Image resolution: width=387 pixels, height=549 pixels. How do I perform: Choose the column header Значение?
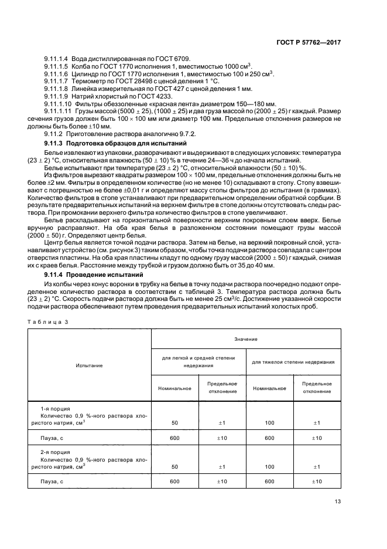(x=246, y=339)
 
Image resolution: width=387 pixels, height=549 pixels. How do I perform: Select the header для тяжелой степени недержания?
(x=293, y=362)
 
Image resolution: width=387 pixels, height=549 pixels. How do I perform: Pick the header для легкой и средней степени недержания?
(x=199, y=362)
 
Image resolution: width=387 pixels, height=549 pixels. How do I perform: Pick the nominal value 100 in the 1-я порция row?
(x=269, y=423)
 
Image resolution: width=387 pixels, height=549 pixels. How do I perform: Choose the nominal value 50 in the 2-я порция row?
(x=174, y=466)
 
